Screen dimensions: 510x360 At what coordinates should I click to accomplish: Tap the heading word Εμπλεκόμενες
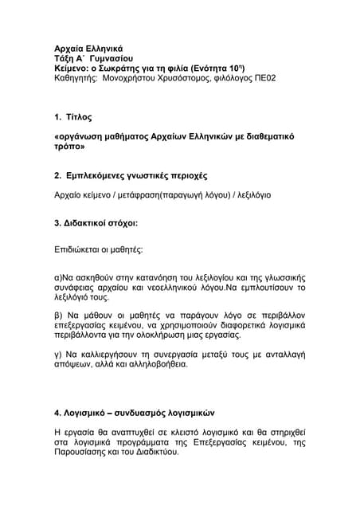(104, 175)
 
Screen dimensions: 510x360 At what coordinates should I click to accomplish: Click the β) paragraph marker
(58, 315)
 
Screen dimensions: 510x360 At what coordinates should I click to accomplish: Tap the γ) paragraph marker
(57, 353)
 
